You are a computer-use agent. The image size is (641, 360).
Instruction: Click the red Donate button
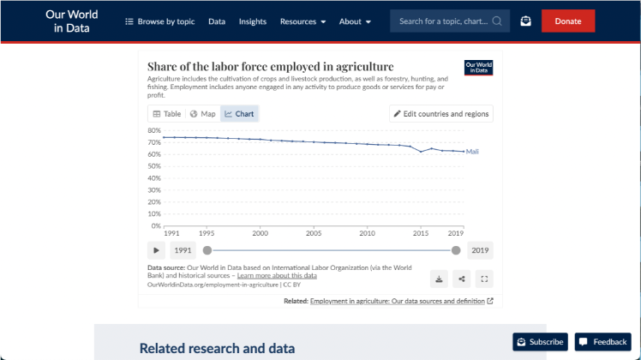[567, 21]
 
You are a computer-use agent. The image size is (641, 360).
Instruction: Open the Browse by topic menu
[160, 21]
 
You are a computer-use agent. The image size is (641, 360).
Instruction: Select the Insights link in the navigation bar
[253, 21]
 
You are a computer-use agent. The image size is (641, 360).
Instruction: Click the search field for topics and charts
[450, 21]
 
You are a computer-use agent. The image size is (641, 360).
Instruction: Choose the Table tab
[167, 114]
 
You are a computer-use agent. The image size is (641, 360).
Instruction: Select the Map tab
[203, 114]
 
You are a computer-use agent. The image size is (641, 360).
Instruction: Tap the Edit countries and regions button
[440, 114]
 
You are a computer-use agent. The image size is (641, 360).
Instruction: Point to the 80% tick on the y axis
[155, 131]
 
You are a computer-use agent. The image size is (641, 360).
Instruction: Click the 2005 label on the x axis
[314, 233]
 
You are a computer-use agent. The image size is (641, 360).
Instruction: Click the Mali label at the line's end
[472, 152]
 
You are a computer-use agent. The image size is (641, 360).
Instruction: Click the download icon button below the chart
[439, 279]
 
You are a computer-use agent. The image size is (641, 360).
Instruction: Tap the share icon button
[462, 279]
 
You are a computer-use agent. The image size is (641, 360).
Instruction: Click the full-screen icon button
[484, 279]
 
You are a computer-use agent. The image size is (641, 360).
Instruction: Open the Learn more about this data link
[277, 276]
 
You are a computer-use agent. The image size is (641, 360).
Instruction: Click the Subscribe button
[539, 342]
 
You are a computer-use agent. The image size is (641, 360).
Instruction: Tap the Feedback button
[602, 342]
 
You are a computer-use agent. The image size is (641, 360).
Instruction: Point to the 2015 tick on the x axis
[421, 233]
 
